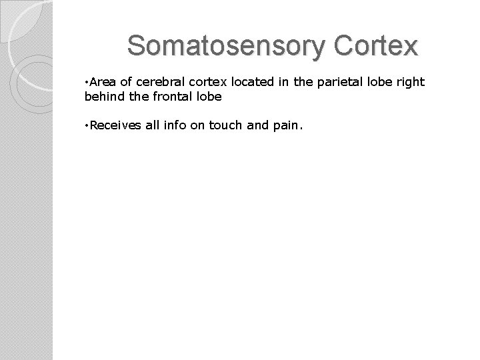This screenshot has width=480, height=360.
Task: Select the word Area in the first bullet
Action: pyautogui.click(x=103, y=82)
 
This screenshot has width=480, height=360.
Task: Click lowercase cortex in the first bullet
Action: pyautogui.click(x=201, y=82)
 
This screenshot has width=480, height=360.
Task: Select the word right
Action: pyautogui.click(x=410, y=83)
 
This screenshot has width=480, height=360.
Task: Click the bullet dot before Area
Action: pyautogui.click(x=87, y=82)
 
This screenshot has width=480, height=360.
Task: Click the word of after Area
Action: pyautogui.click(x=127, y=82)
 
